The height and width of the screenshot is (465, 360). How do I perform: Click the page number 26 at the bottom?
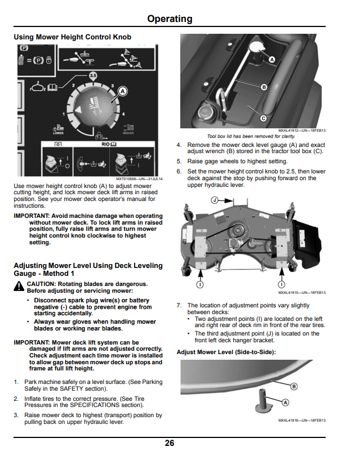click(170, 443)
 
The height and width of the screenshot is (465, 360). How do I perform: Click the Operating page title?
click(170, 19)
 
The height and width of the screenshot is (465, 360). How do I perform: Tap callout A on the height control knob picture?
click(123, 91)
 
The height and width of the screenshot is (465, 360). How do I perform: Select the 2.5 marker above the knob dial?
click(93, 75)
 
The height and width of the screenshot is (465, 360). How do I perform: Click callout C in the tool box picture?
click(263, 118)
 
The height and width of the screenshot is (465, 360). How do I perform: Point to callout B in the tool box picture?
click(264, 87)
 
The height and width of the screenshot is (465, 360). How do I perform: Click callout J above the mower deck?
click(215, 200)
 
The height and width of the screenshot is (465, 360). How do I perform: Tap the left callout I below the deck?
click(200, 284)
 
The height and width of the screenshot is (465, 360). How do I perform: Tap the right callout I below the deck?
click(281, 284)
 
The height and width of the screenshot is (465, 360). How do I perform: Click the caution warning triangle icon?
click(19, 286)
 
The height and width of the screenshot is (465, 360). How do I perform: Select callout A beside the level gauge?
click(285, 403)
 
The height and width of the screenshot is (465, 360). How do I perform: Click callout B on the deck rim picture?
click(294, 386)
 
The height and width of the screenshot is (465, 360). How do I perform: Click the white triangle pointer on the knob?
click(78, 110)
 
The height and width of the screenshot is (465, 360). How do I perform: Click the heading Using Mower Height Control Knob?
click(73, 37)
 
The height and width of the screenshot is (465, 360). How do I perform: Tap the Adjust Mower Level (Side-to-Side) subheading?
click(226, 352)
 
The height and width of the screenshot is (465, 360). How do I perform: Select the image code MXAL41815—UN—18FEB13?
click(302, 293)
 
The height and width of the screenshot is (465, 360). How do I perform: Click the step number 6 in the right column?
click(179, 171)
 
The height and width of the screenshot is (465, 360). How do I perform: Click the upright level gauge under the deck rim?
click(263, 401)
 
